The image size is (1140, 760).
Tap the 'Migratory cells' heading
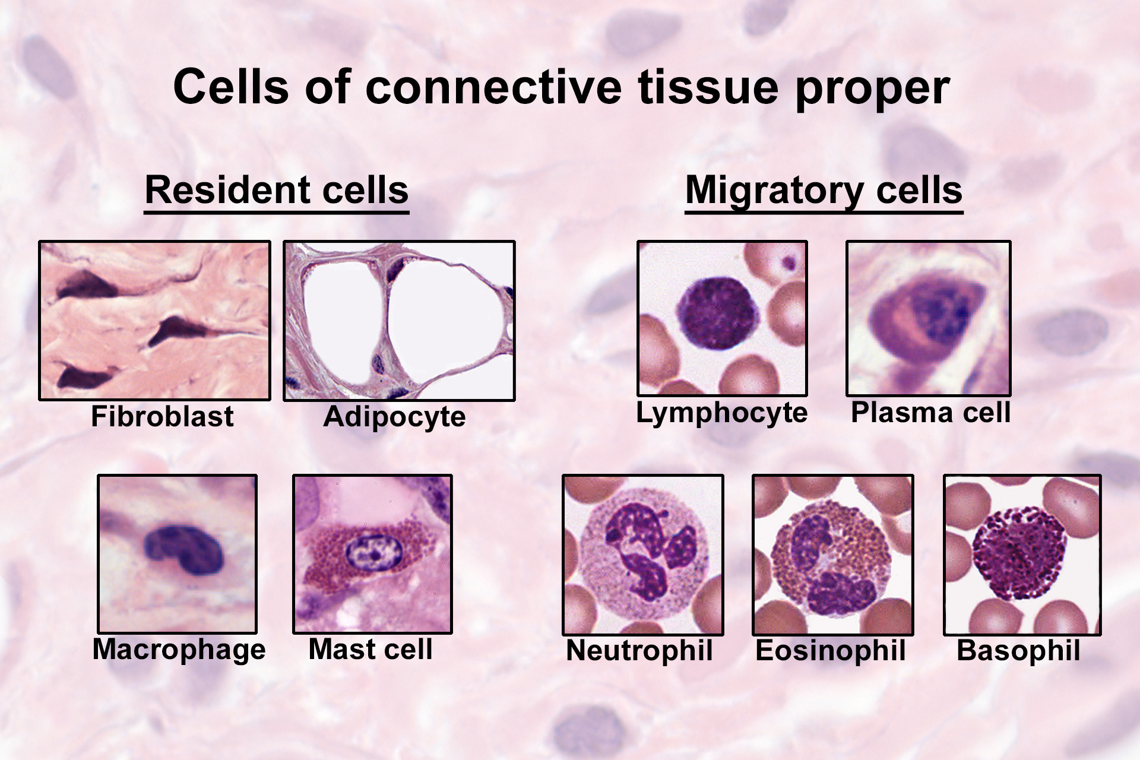click(824, 191)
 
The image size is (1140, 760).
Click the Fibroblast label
click(162, 416)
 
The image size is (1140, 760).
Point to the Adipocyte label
click(394, 417)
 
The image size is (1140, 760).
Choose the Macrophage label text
click(179, 650)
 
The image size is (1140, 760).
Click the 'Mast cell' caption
click(370, 649)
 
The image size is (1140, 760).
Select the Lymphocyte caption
click(721, 413)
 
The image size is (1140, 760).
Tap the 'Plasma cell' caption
click(930, 412)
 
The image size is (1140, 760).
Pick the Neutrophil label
click(639, 650)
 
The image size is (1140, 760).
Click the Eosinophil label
click(830, 650)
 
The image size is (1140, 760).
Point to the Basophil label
click(1018, 650)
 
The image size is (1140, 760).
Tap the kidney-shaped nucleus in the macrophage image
click(184, 549)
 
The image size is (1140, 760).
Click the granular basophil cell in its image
click(1018, 552)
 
